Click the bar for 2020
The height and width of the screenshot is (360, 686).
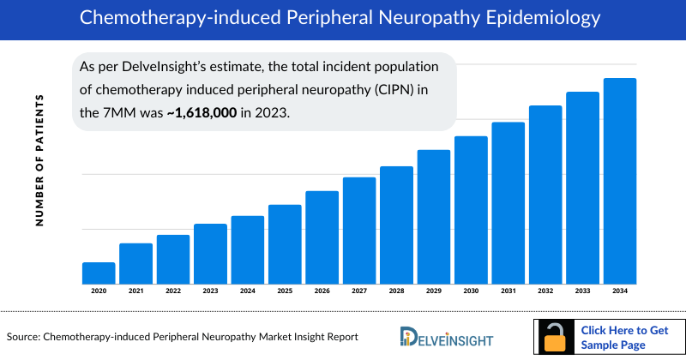[99, 273]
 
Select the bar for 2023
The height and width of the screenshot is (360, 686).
[210, 254]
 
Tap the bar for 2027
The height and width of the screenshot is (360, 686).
[359, 231]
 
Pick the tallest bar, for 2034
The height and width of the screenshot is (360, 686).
[620, 181]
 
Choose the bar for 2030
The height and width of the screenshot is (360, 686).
[471, 210]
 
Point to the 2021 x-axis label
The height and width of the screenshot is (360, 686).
[136, 291]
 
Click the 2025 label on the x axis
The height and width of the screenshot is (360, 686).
[285, 291]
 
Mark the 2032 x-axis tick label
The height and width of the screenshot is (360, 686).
[545, 291]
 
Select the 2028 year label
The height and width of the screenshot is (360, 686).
[396, 291]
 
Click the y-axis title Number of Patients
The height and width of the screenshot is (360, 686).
[39, 161]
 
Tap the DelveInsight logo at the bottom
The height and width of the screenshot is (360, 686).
[441, 336]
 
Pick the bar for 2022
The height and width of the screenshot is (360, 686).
[173, 259]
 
